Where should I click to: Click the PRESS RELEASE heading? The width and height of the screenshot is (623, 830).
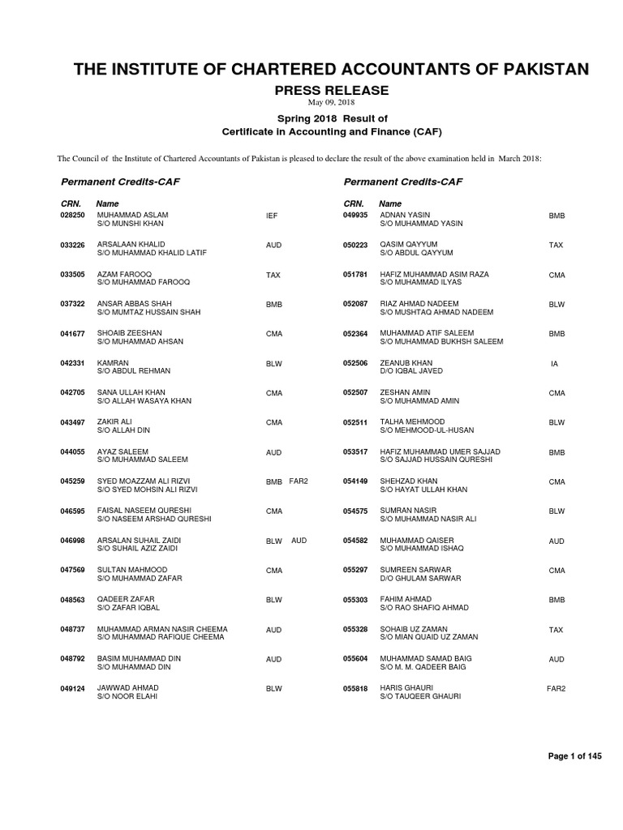pyautogui.click(x=333, y=91)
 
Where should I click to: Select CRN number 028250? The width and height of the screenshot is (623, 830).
pyautogui.click(x=73, y=216)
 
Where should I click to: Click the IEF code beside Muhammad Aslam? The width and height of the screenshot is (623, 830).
pyautogui.click(x=272, y=216)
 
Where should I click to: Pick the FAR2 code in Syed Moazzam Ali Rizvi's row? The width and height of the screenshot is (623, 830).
pyautogui.click(x=299, y=481)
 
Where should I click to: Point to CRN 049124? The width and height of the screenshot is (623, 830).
pyautogui.click(x=73, y=688)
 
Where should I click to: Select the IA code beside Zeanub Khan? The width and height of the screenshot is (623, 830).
pyautogui.click(x=554, y=364)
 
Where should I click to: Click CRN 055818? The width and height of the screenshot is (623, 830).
pyautogui.click(x=356, y=688)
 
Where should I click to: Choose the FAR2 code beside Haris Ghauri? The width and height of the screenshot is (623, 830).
pyautogui.click(x=556, y=688)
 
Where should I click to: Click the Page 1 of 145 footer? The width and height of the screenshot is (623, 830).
pyautogui.click(x=575, y=756)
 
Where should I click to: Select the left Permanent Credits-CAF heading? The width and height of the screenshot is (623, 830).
pyautogui.click(x=120, y=182)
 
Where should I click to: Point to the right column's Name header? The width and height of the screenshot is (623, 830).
pyautogui.click(x=390, y=203)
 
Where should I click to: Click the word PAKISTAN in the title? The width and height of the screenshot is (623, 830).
pyautogui.click(x=536, y=69)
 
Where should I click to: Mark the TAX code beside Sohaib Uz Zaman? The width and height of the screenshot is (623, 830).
pyautogui.click(x=556, y=630)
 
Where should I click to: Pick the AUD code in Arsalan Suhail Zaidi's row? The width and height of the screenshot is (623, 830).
pyautogui.click(x=299, y=540)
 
